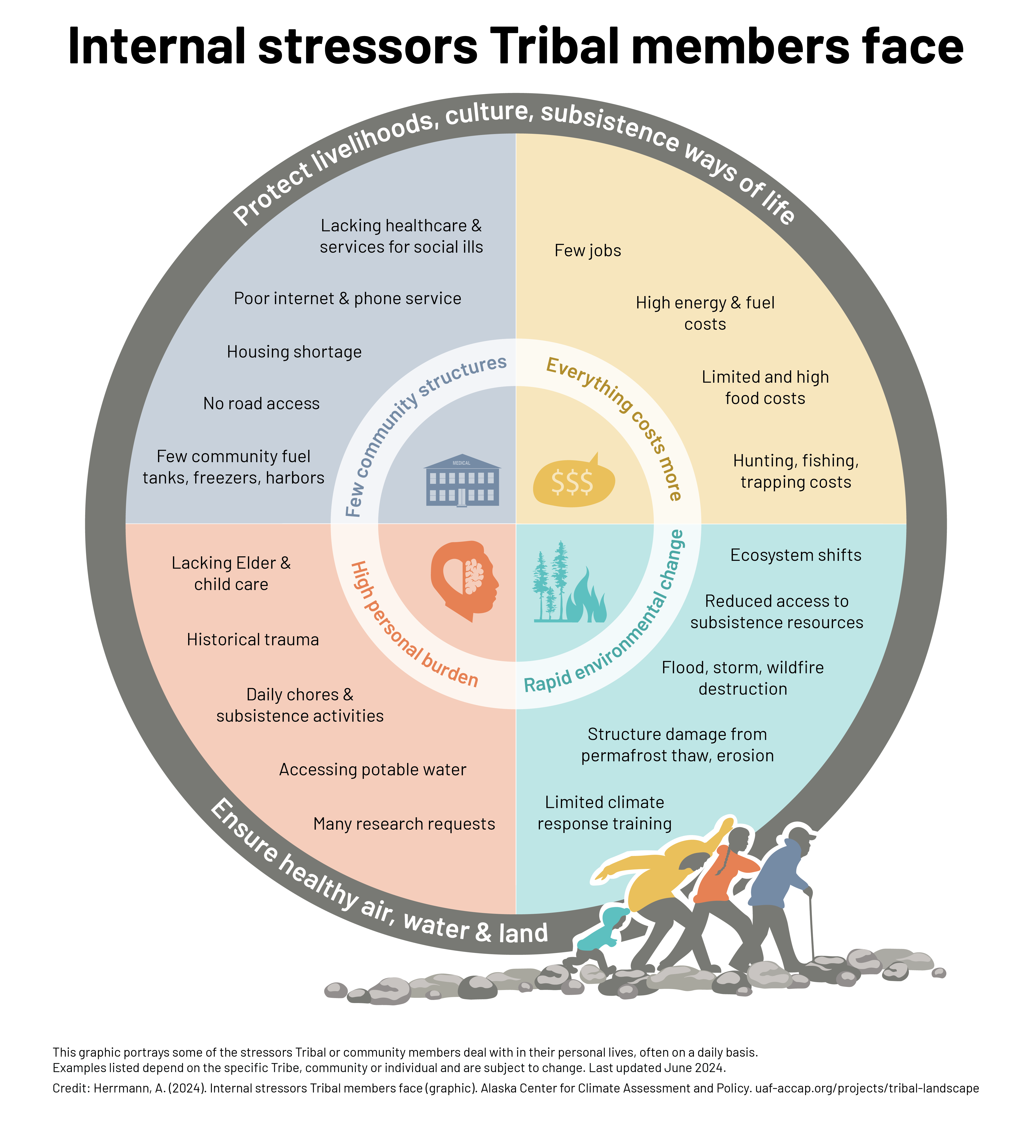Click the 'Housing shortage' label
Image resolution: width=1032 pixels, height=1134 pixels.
click(x=294, y=352)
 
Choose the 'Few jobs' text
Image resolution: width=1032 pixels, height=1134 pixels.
click(x=588, y=251)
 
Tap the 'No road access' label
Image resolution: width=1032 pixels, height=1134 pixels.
click(x=261, y=404)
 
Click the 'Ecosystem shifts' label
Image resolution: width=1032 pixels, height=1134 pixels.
click(x=795, y=555)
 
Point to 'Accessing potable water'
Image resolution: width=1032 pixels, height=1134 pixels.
click(x=372, y=770)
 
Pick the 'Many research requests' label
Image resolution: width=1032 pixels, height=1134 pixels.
click(x=404, y=824)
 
